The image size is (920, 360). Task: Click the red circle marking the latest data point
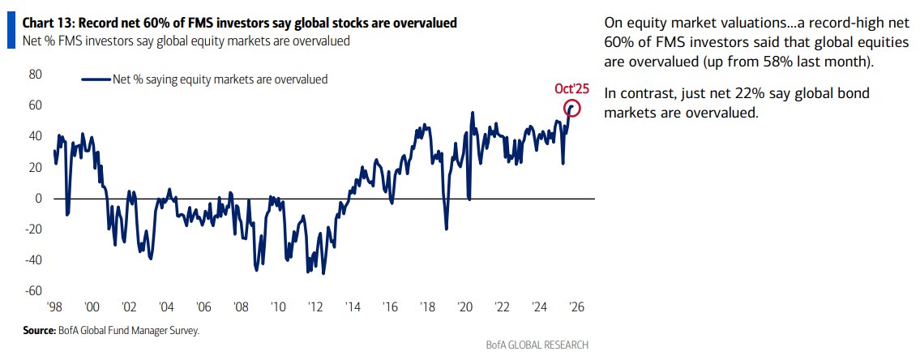tap(573, 107)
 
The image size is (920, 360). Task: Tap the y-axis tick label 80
tap(35, 75)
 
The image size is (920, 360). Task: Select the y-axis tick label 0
tap(37, 199)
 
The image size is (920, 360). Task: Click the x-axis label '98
tap(54, 308)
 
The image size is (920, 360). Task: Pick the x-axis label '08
tap(241, 308)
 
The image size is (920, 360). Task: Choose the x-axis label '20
tap(464, 308)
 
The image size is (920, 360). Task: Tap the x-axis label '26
tap(576, 308)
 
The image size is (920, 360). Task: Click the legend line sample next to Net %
tap(96, 79)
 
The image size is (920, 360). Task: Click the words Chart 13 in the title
tap(47, 23)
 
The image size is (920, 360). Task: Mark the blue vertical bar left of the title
tap(9, 31)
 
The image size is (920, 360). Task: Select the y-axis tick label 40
tap(35, 136)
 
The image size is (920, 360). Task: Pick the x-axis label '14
tap(353, 308)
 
